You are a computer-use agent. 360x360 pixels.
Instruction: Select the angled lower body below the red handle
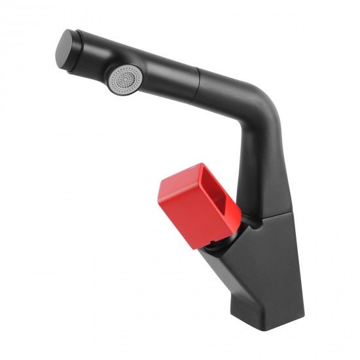point(262,262)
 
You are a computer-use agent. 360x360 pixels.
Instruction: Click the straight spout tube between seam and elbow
point(223,88)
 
